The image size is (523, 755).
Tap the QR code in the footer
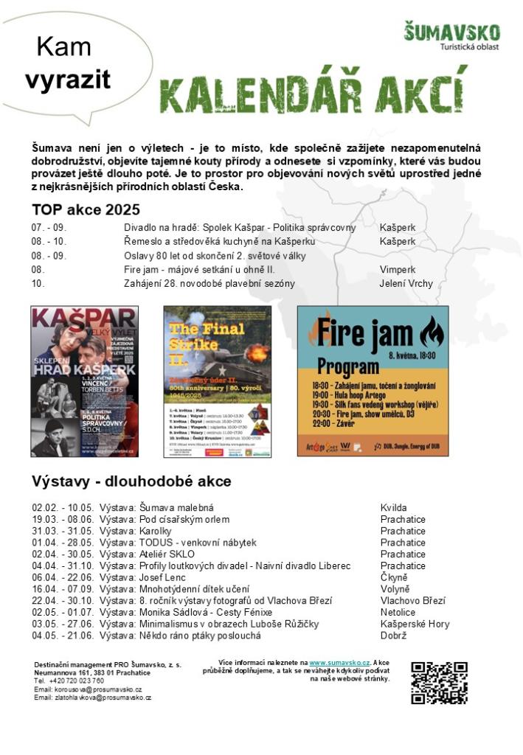point(439,682)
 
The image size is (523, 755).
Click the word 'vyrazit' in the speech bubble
point(67,80)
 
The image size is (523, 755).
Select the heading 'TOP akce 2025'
point(86,209)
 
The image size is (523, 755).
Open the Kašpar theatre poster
point(84,381)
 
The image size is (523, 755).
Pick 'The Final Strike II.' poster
point(217,381)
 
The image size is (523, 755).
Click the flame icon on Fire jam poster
point(431,333)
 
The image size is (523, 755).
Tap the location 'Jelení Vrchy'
point(406,284)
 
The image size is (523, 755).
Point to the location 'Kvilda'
point(393,508)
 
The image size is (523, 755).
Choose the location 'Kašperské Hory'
point(414,624)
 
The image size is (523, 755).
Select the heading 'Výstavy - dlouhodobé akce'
point(131,481)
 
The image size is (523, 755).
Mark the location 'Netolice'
point(398,612)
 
